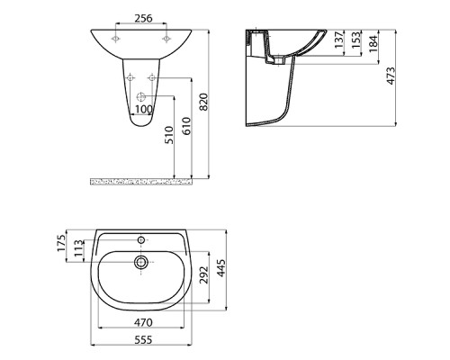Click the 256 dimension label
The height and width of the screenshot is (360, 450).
point(143,18)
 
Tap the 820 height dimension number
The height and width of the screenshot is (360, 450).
point(203,102)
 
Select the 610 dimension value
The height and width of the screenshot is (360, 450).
point(186,126)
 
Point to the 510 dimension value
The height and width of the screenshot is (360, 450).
point(169,135)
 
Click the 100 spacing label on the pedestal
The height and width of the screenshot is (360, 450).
point(144,109)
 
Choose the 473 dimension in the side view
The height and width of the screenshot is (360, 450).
point(391,76)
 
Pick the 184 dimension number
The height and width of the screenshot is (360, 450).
point(373,44)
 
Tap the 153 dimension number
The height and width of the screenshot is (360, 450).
point(355,40)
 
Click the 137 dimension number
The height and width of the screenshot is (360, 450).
point(339,40)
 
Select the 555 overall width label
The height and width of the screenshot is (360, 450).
point(143,340)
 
